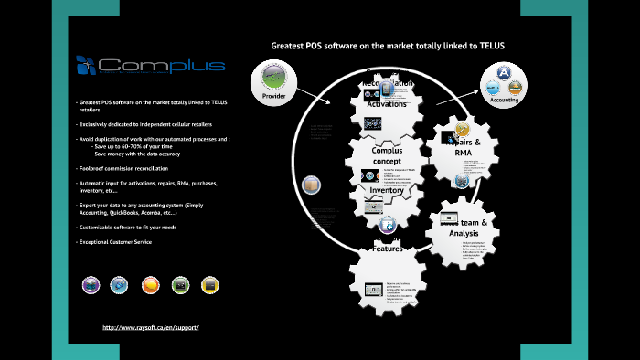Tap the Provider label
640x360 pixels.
click(x=274, y=96)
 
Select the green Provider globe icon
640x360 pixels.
click(x=274, y=77)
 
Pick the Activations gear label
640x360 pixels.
click(x=387, y=103)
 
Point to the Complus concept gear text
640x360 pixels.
click(x=388, y=155)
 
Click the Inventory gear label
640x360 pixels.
click(x=387, y=190)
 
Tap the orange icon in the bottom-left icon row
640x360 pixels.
click(x=151, y=285)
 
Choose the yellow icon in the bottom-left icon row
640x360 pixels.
click(x=209, y=285)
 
